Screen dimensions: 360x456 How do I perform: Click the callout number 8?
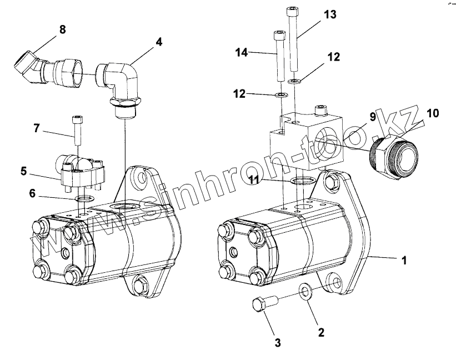[62, 29]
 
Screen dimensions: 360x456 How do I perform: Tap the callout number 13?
[330, 14]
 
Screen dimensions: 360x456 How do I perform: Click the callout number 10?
[433, 114]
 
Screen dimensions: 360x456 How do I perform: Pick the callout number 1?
[404, 259]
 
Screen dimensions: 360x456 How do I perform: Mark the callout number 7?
[37, 129]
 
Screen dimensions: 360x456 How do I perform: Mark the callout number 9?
[373, 117]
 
